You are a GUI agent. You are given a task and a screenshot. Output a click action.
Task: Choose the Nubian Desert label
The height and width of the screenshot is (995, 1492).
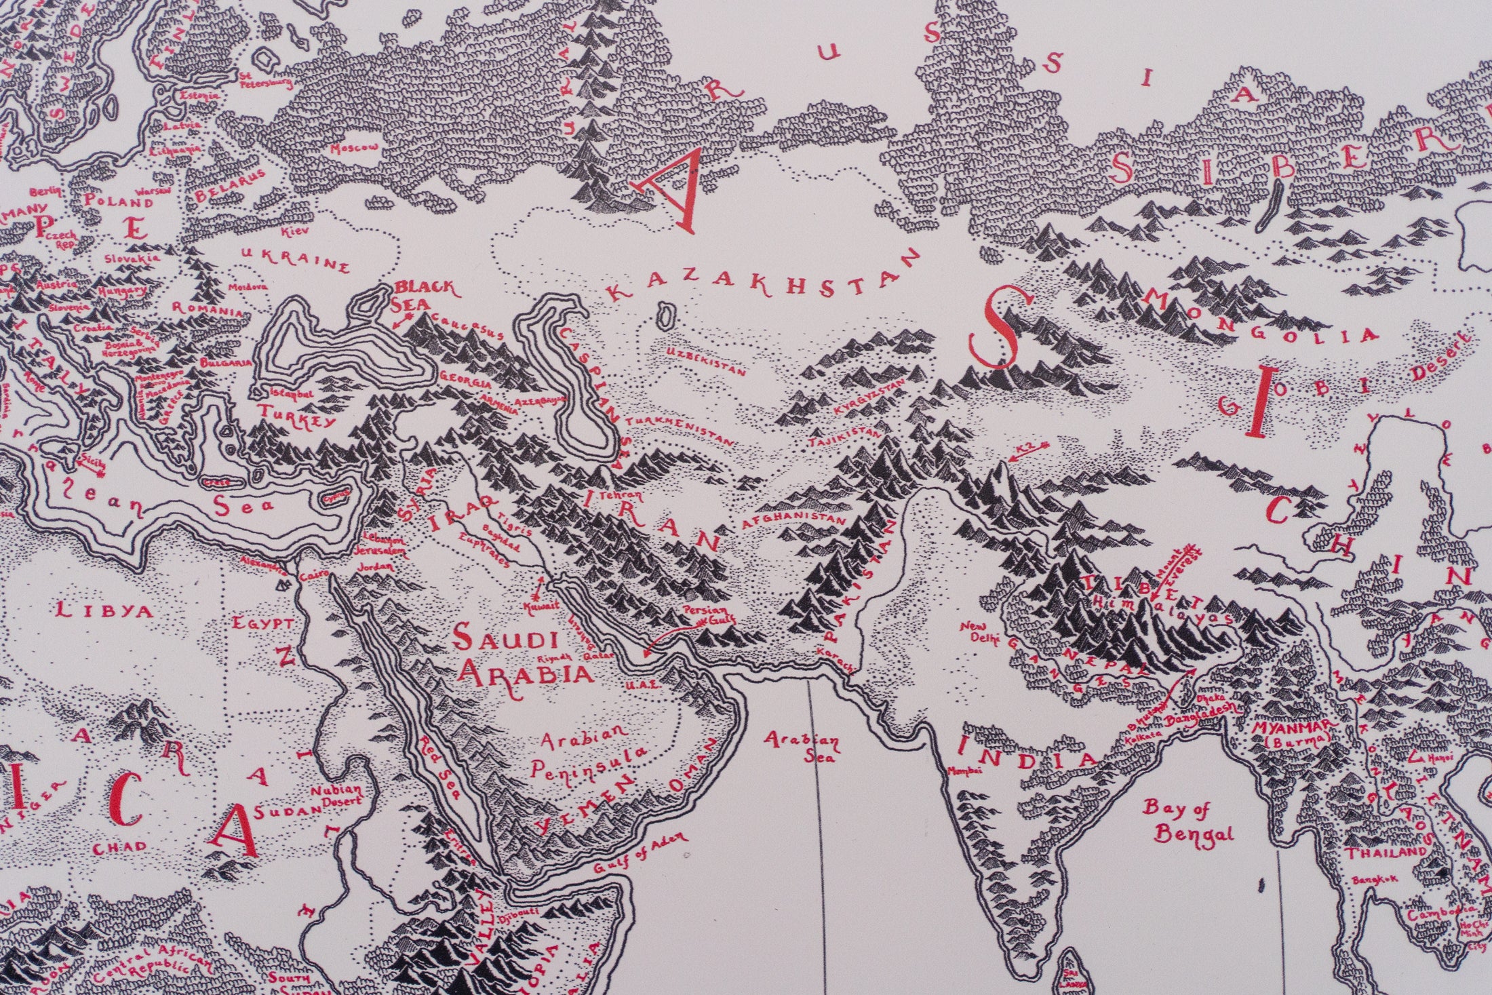pyautogui.click(x=337, y=796)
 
